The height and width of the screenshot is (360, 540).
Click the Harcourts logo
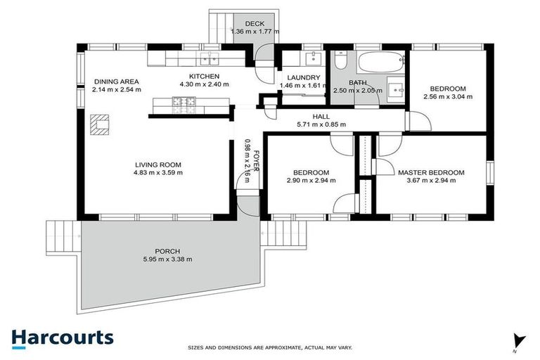click(x=62, y=337)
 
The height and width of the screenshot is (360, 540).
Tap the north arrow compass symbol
click(x=518, y=340)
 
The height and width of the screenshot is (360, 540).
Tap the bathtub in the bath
click(x=380, y=63)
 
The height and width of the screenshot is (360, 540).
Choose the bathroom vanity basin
click(x=393, y=91)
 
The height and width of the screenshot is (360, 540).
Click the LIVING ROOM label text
click(x=159, y=165)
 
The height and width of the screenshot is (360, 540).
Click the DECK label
click(x=255, y=23)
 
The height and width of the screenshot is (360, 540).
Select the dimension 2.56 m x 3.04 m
click(x=448, y=97)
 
